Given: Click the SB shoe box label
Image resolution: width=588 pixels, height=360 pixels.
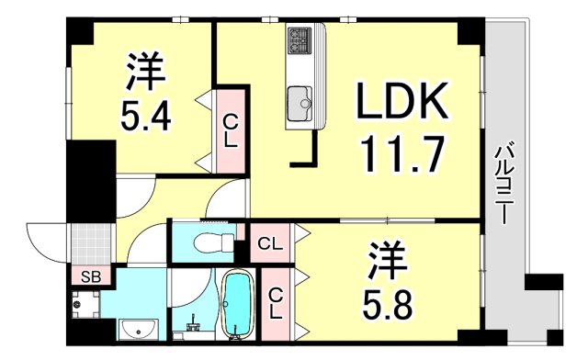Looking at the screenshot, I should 90,276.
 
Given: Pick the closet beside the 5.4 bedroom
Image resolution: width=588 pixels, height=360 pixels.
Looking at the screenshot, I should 231,129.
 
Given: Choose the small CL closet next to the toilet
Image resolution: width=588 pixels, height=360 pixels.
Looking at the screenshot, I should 270,245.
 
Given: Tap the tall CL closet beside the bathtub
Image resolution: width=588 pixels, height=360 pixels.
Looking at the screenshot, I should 276,302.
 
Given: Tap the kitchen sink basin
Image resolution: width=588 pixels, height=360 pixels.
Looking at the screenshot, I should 300,98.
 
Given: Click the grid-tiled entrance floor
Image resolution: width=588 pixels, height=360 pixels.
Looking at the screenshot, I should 91,242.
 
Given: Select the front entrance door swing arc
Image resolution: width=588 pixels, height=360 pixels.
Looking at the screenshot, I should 44,242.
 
